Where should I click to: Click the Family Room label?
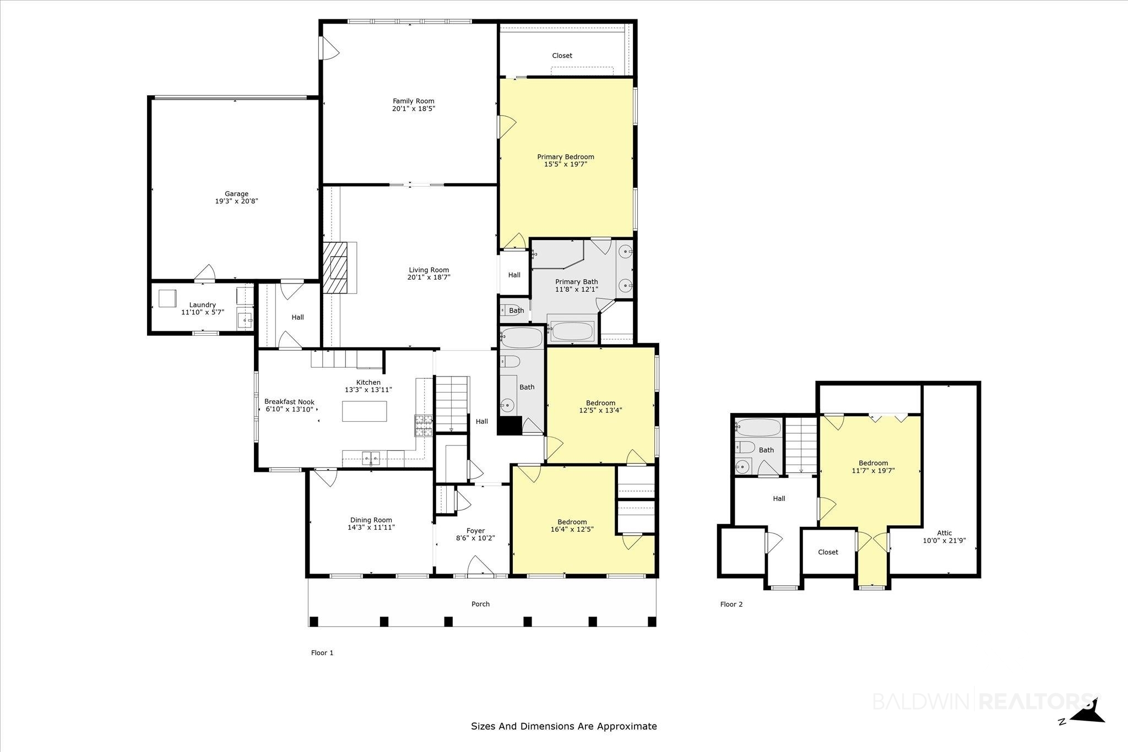(413, 101)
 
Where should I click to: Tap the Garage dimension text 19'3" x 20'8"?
(236, 201)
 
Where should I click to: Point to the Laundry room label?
(203, 305)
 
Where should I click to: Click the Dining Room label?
(371, 520)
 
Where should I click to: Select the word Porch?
(481, 604)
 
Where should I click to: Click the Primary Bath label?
(577, 282)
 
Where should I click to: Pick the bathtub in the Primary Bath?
(572, 331)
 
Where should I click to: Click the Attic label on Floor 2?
(945, 533)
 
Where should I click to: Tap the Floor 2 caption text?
(731, 604)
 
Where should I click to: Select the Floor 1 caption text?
(322, 653)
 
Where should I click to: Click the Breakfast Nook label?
(289, 402)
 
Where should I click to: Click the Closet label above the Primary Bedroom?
(562, 56)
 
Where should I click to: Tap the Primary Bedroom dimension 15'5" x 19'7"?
(566, 164)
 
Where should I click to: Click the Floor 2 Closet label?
(828, 552)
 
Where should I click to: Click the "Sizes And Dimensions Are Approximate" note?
(564, 726)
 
